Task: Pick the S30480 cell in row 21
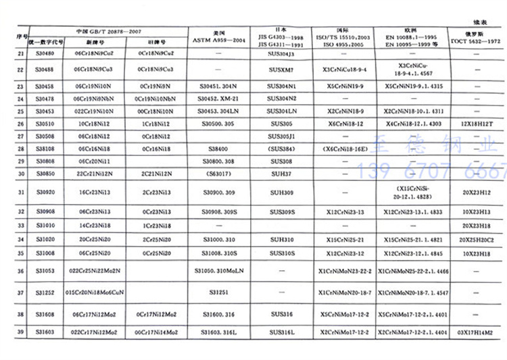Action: (x=44, y=52)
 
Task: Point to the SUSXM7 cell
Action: (x=281, y=69)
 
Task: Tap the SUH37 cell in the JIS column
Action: (x=281, y=174)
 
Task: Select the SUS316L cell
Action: (x=281, y=333)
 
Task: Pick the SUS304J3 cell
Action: (x=281, y=52)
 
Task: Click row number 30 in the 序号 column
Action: (x=20, y=174)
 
